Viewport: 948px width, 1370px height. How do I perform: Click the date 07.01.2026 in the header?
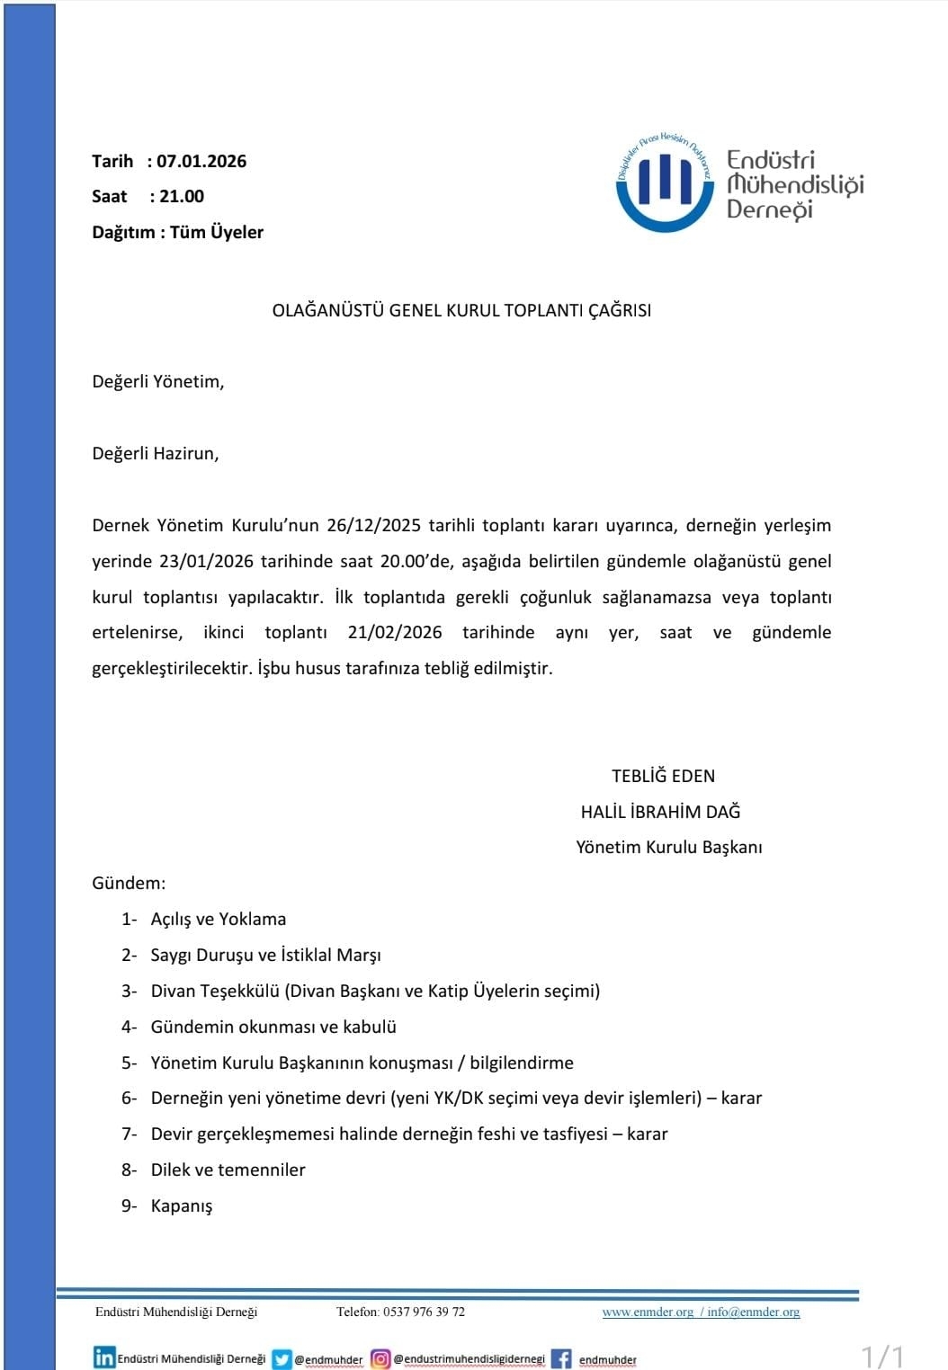click(201, 162)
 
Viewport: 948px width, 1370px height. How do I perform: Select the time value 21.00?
click(182, 197)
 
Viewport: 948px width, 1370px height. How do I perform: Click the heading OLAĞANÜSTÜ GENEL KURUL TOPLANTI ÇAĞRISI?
click(461, 311)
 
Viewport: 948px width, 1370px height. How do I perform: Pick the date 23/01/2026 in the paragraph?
click(206, 562)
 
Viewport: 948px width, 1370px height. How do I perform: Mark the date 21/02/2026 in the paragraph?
click(395, 633)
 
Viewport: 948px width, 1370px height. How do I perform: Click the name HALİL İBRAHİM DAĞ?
click(660, 812)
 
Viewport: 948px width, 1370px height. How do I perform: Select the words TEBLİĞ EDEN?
click(663, 776)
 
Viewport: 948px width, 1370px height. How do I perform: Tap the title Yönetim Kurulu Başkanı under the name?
click(668, 847)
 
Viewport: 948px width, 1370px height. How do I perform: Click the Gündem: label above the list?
click(129, 883)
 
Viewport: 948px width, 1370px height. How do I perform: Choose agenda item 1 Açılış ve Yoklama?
click(218, 919)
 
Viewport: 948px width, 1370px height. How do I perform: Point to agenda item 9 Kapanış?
click(182, 1206)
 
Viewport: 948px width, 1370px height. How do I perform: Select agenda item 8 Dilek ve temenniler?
click(228, 1170)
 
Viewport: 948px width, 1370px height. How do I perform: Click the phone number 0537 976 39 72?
click(424, 1312)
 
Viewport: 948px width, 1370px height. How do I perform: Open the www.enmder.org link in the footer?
click(648, 1312)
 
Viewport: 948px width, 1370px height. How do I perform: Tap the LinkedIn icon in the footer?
click(104, 1357)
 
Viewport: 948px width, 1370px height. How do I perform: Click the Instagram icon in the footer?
click(380, 1358)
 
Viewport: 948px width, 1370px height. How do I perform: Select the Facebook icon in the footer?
click(561, 1358)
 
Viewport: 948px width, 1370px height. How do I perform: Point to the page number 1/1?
click(882, 1356)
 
